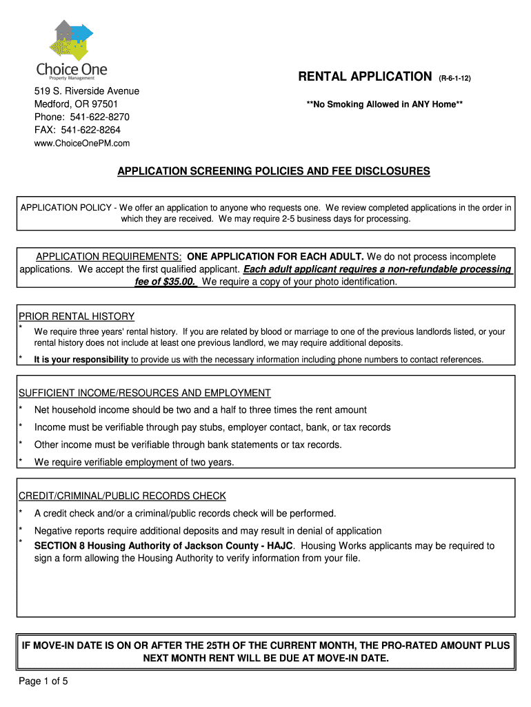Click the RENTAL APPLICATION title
364,77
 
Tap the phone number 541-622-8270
100,117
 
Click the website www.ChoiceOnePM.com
83,143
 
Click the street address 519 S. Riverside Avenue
88,91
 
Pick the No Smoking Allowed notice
384,104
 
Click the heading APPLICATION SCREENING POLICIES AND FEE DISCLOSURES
273,171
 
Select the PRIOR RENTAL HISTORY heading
77,316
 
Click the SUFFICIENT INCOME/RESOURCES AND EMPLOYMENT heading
144,393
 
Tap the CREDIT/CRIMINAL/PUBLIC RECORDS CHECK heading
122,496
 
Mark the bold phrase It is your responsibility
81,359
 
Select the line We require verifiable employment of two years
134,462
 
